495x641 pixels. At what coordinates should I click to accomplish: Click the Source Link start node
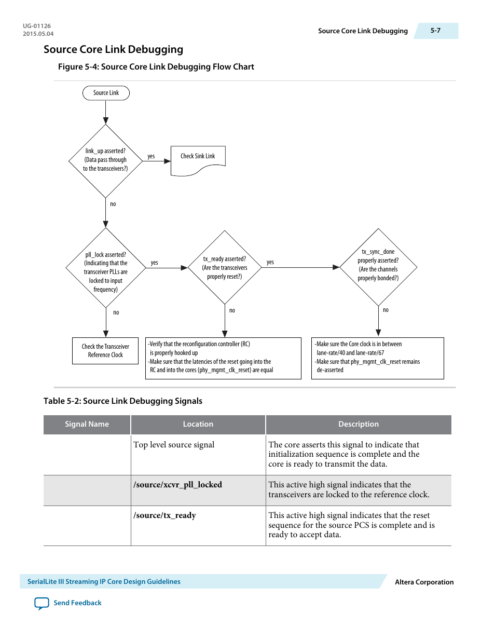(106, 93)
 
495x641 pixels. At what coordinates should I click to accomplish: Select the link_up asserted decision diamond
(105, 160)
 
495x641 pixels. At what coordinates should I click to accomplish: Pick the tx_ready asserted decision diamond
(224, 268)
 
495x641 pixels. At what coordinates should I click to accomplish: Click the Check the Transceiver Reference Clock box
(105, 351)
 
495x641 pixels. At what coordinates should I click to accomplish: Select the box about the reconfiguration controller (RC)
(223, 358)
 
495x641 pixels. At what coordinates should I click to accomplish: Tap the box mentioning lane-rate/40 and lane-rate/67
(377, 358)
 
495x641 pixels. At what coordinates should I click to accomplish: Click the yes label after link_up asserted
(151, 156)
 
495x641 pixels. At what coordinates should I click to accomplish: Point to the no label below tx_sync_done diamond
(386, 310)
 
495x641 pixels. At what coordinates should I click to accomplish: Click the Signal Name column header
(87, 424)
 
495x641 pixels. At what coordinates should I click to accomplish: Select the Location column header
(198, 424)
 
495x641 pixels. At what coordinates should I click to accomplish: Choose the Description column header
(358, 424)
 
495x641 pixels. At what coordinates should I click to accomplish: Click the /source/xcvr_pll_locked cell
(177, 485)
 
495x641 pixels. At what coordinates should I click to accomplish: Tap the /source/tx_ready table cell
(164, 515)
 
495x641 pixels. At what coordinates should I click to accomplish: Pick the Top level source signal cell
(174, 445)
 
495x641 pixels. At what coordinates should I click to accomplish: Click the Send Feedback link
(77, 603)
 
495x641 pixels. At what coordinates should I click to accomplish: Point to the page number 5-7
(435, 31)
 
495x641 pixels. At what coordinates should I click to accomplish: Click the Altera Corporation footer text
(424, 582)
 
